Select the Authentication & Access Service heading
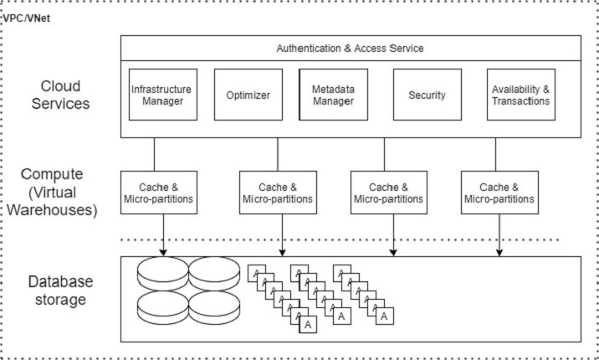[350, 48]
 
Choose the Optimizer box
[248, 95]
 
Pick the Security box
[426, 95]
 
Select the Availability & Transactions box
[520, 94]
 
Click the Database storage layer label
[59, 291]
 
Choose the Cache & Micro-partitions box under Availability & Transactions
[499, 193]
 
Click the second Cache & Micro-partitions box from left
[277, 193]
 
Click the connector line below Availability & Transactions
[495, 154]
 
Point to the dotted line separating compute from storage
[335, 240]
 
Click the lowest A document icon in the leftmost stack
[307, 323]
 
